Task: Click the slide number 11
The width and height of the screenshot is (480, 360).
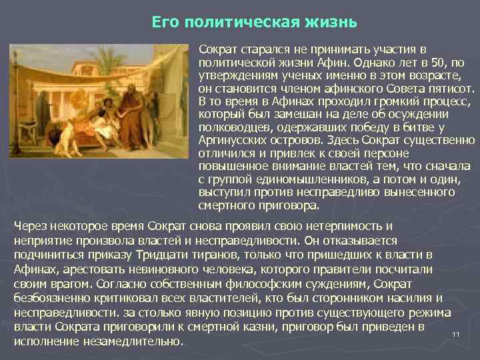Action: [x=456, y=334]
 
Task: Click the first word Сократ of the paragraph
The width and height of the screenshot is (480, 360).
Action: [x=218, y=50]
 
